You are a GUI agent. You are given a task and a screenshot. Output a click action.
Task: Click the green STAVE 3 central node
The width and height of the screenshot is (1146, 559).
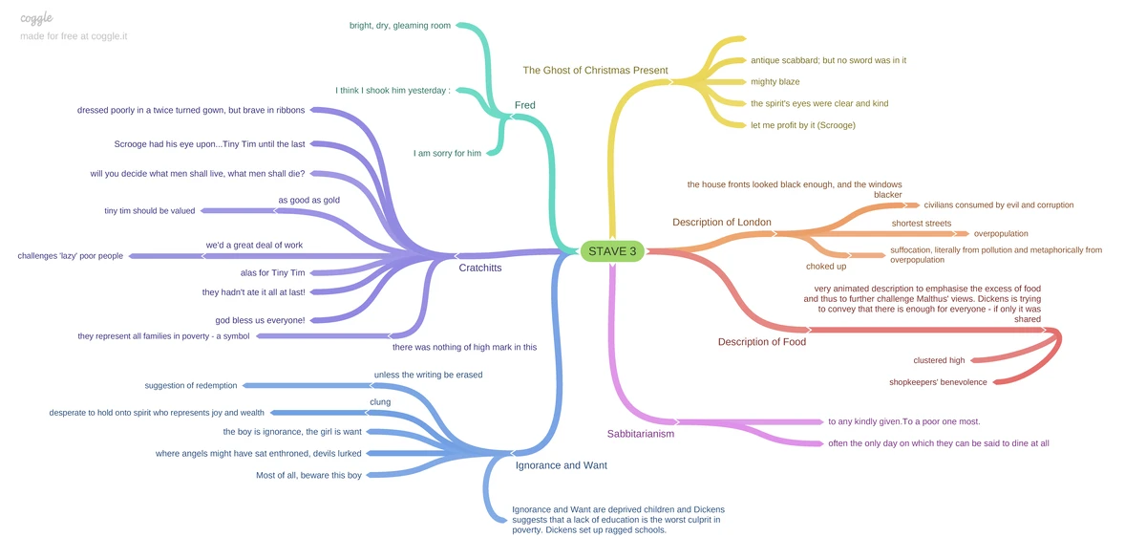[x=612, y=251]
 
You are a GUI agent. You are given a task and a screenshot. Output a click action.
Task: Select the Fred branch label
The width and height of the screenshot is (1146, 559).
[x=524, y=105]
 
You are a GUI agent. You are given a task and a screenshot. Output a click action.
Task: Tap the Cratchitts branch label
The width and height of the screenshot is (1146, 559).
[x=479, y=269]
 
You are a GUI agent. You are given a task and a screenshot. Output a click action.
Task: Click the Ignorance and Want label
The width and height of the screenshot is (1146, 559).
[x=561, y=465]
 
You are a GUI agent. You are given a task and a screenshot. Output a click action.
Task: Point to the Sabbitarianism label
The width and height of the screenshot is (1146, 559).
[x=641, y=434]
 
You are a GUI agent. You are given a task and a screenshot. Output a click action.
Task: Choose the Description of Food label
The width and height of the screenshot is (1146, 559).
[x=761, y=342]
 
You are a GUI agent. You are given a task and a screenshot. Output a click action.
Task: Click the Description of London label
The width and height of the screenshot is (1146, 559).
[x=721, y=223]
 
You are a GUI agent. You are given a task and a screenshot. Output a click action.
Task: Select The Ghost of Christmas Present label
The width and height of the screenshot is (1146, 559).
[x=595, y=71]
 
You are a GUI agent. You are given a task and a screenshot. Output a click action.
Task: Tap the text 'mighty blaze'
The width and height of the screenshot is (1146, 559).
[x=775, y=82]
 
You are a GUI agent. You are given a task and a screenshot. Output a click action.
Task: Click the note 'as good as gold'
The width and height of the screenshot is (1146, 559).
[x=308, y=201]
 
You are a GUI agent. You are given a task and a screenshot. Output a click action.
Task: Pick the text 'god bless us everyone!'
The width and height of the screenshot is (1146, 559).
[x=260, y=320]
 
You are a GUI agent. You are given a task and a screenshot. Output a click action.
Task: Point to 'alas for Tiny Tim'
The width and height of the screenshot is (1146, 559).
[x=272, y=273]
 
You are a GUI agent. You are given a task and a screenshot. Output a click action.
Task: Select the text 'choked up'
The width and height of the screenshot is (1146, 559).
[x=826, y=267]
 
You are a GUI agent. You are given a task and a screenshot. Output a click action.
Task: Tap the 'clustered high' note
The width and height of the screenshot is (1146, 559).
[x=939, y=360]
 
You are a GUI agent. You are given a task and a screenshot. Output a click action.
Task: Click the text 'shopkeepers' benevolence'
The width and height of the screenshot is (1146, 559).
[x=937, y=382]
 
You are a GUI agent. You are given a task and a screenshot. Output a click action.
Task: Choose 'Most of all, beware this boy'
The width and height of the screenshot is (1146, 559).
[x=308, y=475]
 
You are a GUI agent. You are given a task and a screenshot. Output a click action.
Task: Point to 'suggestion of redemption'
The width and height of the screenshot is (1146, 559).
[x=191, y=386]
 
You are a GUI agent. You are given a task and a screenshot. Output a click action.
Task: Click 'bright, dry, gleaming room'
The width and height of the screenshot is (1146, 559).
[x=400, y=26]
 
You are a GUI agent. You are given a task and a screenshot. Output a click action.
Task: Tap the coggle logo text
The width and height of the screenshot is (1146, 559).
[x=36, y=18]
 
